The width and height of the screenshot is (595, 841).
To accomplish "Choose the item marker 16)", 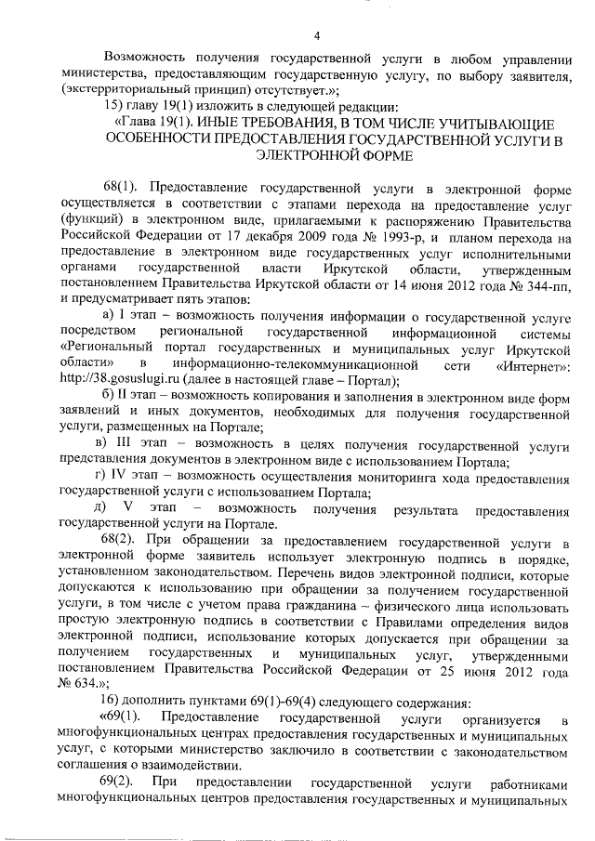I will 114,698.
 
